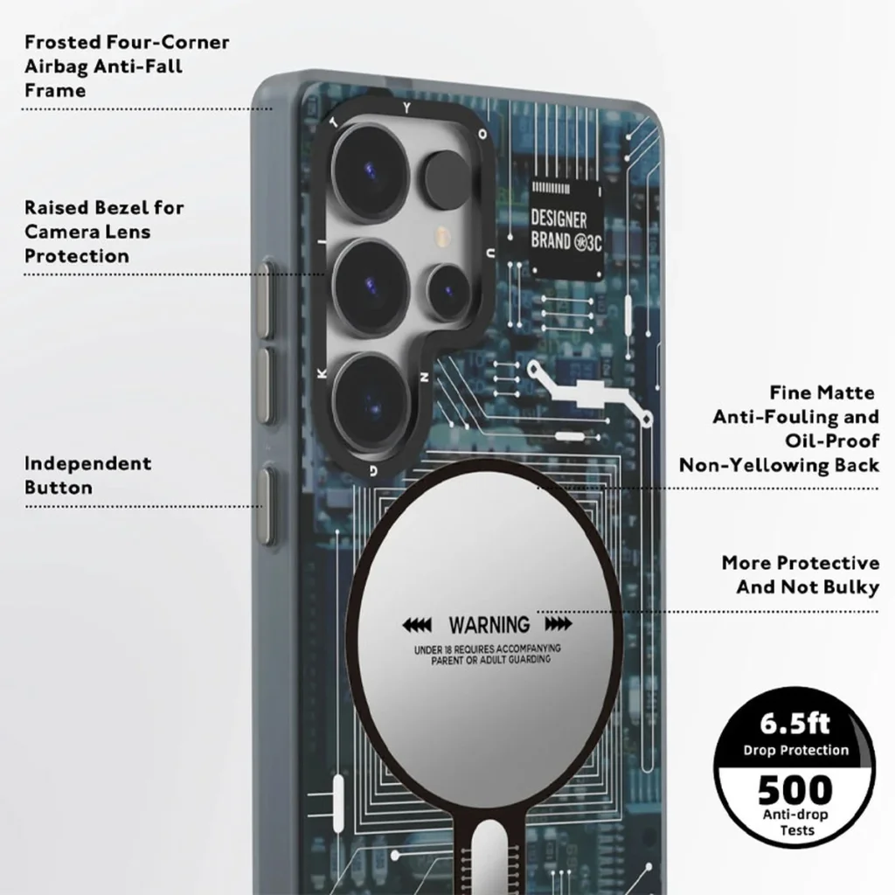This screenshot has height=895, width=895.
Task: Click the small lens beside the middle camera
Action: (447, 292)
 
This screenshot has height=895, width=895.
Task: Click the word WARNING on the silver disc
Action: (489, 625)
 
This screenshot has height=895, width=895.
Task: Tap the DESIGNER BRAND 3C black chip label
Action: (565, 231)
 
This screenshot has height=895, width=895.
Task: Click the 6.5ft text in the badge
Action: (794, 724)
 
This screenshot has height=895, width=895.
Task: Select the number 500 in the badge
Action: (795, 789)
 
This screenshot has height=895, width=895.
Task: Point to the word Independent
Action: (88, 463)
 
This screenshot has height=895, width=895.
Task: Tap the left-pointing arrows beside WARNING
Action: (417, 625)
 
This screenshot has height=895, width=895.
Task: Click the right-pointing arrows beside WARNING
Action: (559, 624)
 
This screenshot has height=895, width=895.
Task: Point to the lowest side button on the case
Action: (266, 505)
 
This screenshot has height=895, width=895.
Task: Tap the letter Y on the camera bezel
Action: (406, 108)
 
